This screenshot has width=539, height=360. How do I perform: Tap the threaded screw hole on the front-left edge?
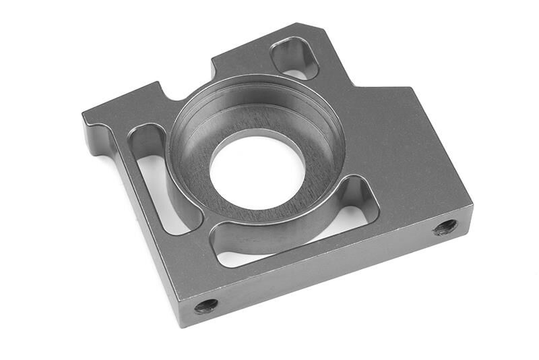click(x=206, y=305)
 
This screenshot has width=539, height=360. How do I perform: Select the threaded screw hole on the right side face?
click(x=445, y=227)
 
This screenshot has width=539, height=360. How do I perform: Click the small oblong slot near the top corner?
click(x=294, y=58)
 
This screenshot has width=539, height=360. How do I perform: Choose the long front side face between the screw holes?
click(x=323, y=270)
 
